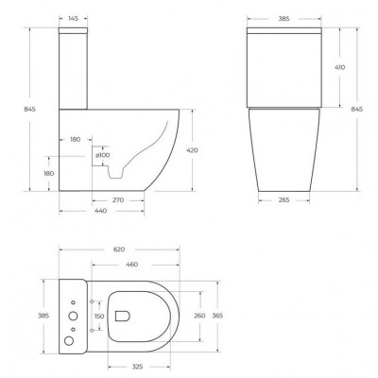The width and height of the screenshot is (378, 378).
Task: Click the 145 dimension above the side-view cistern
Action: (x=73, y=19)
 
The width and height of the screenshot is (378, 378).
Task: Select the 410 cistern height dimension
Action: (x=339, y=67)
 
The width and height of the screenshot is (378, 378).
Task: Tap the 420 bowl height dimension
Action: (x=192, y=150)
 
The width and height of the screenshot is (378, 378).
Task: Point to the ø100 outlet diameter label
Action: (x=103, y=155)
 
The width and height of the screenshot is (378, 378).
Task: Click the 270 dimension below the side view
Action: (x=118, y=200)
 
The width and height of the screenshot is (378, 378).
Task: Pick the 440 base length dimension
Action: (x=101, y=211)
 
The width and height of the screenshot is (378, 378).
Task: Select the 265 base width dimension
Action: (x=283, y=200)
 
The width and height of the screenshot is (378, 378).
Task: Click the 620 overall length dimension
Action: (x=119, y=249)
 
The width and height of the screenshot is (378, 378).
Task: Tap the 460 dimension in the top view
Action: (x=132, y=265)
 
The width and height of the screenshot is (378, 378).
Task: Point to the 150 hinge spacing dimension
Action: (x=99, y=317)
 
